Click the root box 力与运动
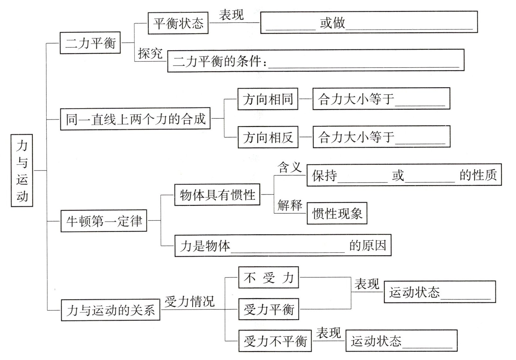click(x=22, y=170)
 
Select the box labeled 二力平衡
click(x=90, y=43)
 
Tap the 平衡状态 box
click(x=178, y=23)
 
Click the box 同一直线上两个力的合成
click(x=135, y=119)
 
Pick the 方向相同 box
click(x=268, y=99)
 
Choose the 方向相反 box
click(x=268, y=137)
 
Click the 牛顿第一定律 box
click(x=104, y=221)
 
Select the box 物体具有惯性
click(x=217, y=195)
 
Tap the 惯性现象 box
click(x=337, y=213)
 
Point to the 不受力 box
click(x=268, y=277)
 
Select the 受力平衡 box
click(x=268, y=309)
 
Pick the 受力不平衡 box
click(x=275, y=341)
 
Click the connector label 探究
click(x=150, y=53)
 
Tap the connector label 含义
click(x=289, y=167)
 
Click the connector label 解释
click(x=290, y=205)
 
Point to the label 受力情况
click(x=190, y=301)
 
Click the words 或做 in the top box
click(x=332, y=23)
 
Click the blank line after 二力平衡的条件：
click(x=363, y=64)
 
